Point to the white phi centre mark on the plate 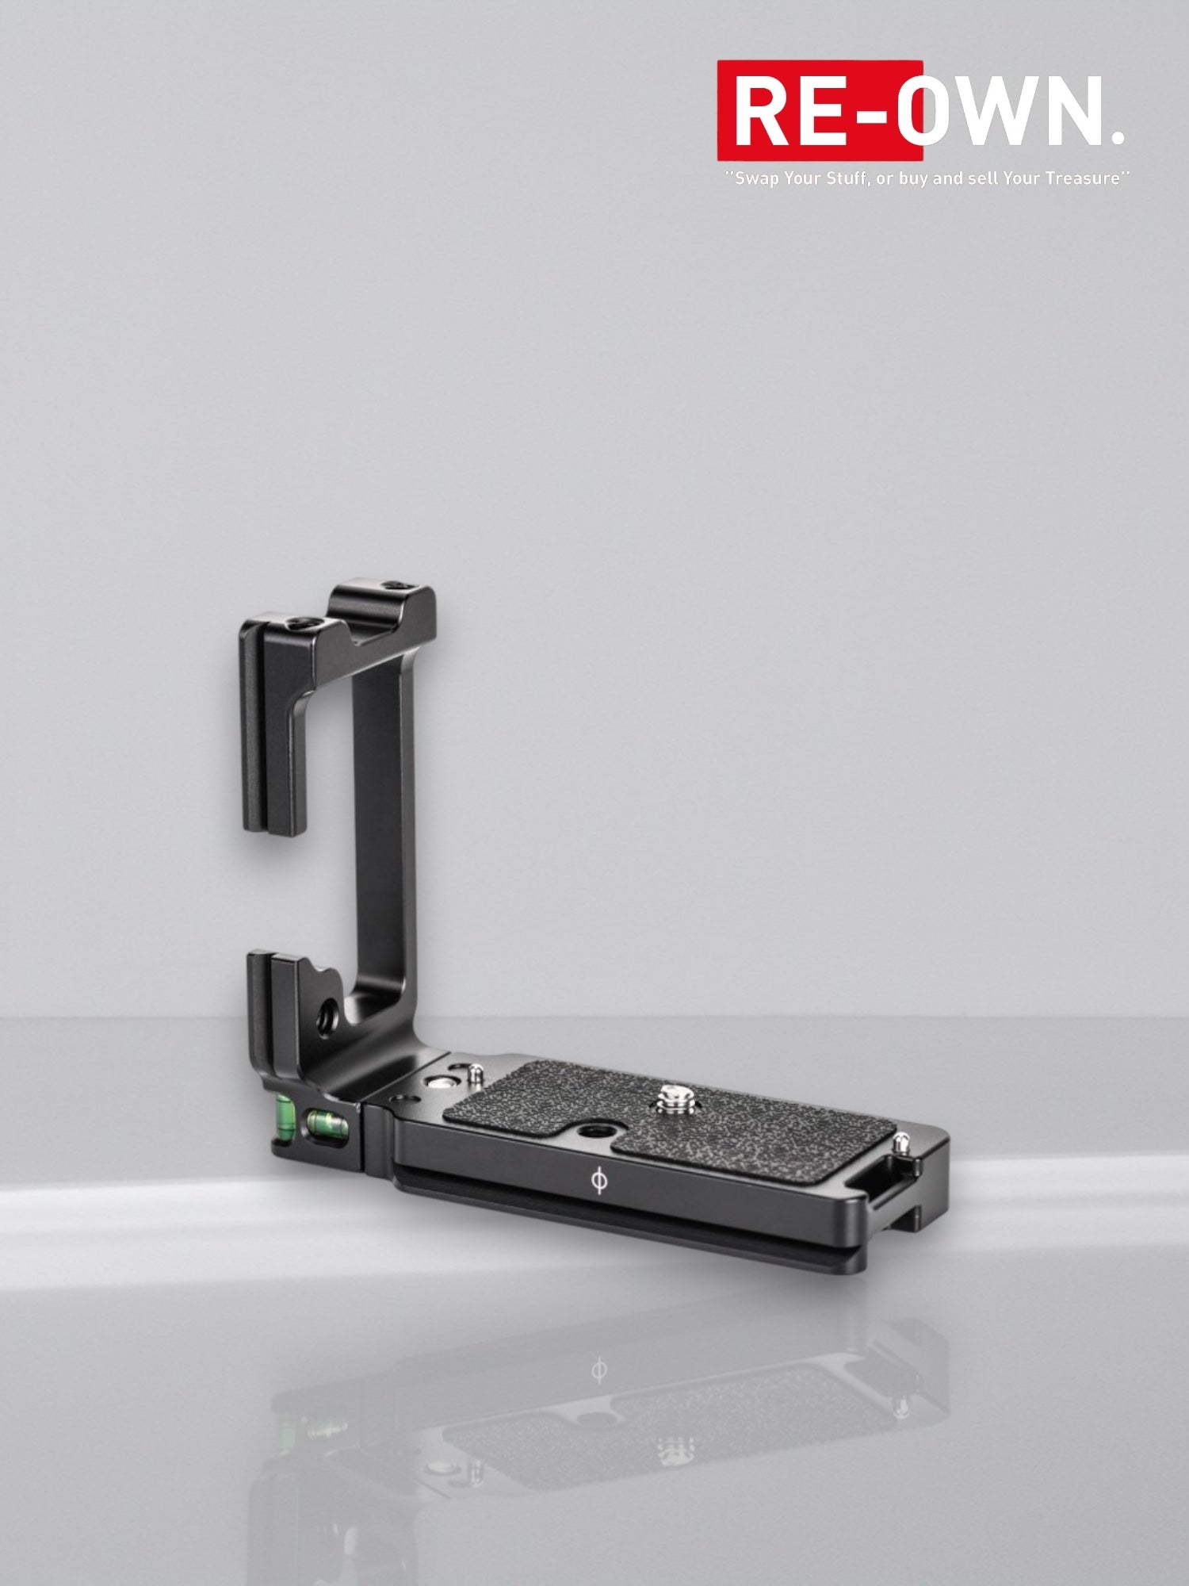point(600,1181)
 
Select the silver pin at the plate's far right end point(902,1143)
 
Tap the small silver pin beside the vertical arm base point(474,1073)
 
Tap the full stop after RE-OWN point(1117,136)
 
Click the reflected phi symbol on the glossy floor point(599,1370)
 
